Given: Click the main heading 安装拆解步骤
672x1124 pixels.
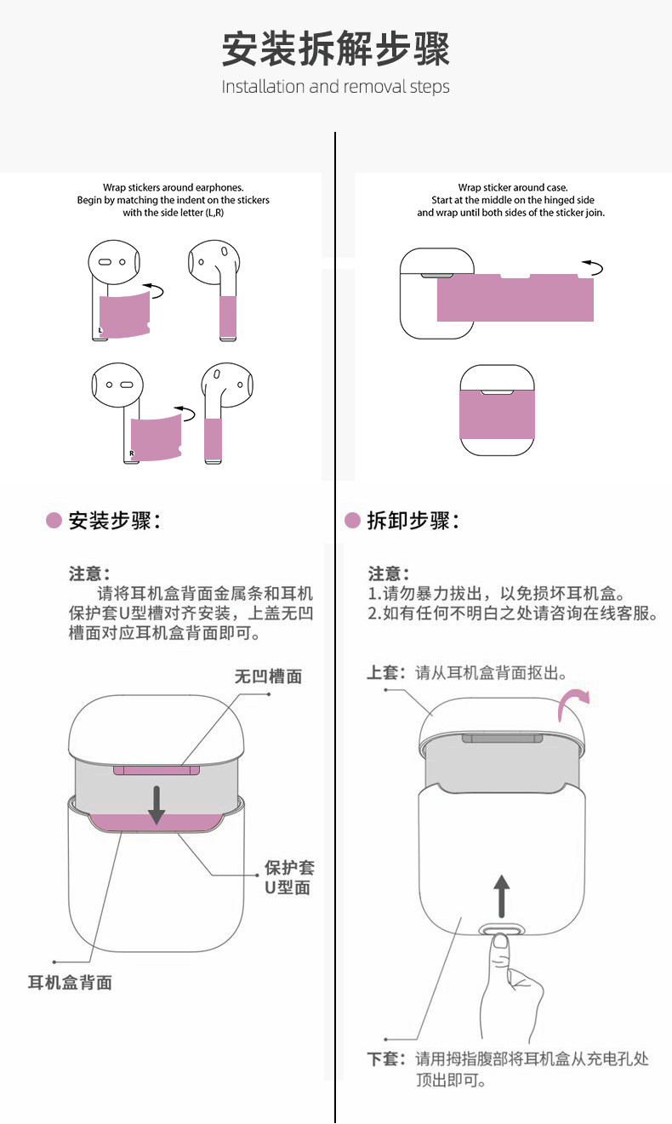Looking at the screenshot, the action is coord(335,49).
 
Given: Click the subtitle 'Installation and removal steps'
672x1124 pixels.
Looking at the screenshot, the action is coord(335,87).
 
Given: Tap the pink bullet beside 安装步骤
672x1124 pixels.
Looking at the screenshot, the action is coord(54,521).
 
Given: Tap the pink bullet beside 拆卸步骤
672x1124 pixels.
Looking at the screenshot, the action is coord(352,521).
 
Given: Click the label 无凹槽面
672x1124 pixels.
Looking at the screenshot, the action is coord(268,677).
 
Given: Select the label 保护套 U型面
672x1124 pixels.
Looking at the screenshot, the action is coord(288,877).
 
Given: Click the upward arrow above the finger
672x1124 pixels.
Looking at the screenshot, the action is coord(502,893).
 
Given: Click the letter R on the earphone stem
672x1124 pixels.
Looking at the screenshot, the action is coord(132,454).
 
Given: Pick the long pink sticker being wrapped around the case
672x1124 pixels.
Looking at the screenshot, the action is coord(514,298).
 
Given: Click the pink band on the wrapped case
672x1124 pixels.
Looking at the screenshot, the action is coord(497,414).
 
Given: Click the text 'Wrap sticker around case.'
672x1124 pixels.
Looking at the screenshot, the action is coord(512,187).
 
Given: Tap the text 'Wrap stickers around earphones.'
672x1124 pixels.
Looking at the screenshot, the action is coord(174,187).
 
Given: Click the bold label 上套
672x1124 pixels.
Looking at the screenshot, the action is coord(383,673).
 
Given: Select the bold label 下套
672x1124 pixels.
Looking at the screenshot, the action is coord(383,1059).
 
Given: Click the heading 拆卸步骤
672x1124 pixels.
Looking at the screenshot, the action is coord(413,521).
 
